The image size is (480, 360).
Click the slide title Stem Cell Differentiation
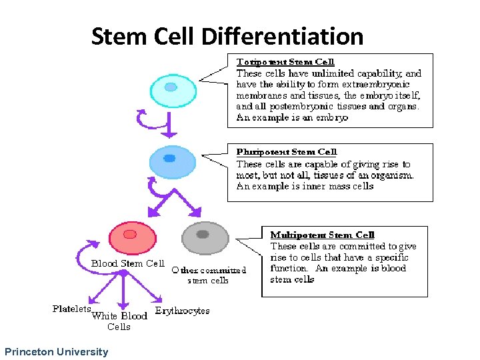227,36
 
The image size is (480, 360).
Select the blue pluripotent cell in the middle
170,160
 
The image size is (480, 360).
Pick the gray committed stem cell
204,237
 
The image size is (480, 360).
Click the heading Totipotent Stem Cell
285,62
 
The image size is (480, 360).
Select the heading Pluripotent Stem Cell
287,152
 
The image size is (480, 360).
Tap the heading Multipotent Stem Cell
322,235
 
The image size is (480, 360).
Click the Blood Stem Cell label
127,263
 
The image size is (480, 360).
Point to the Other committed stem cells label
208,275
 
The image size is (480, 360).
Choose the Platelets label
71,309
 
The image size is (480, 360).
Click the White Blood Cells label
119,321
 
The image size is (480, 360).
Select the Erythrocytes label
182,310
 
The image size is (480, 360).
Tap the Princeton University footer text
56,351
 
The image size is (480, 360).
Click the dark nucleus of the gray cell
203,234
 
